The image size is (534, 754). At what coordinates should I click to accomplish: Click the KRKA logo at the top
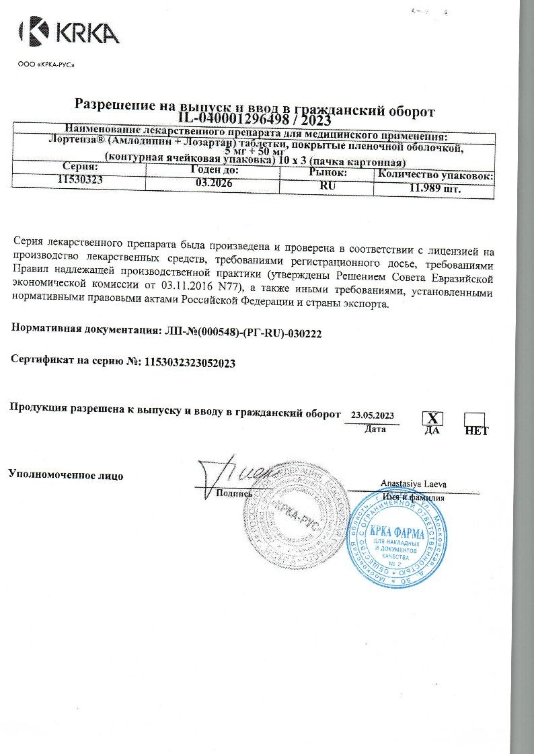[69, 32]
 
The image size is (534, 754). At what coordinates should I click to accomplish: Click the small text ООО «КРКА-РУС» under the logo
[45, 65]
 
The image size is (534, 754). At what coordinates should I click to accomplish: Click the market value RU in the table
[328, 185]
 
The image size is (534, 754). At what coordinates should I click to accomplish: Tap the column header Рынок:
[327, 173]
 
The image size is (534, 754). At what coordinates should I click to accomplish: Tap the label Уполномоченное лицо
[65, 474]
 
